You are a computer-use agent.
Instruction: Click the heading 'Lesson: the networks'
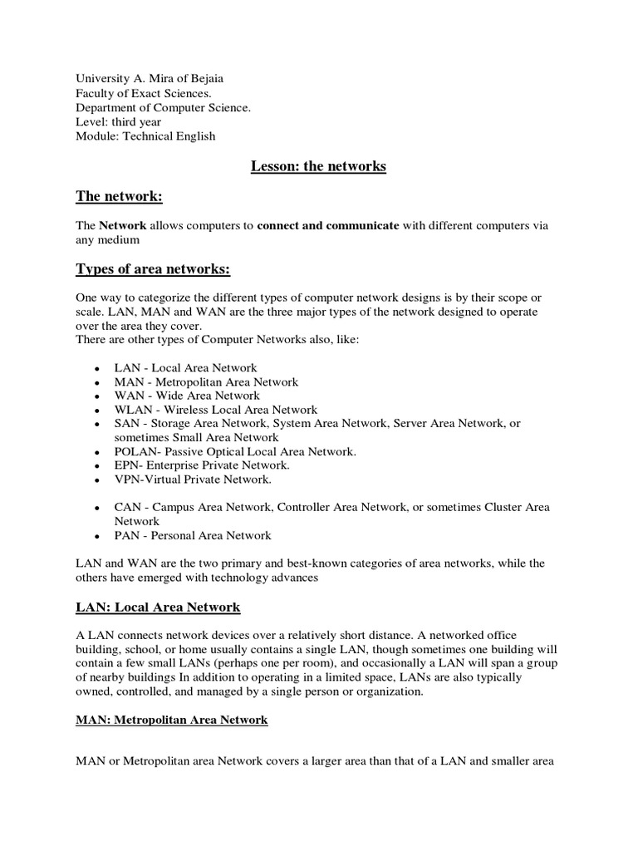pos(318,166)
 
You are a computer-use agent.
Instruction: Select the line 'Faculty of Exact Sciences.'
pos(144,93)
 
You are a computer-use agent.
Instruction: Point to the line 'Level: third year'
pos(120,122)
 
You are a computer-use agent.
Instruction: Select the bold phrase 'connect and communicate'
pos(328,226)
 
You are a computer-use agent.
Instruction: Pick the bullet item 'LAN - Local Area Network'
pos(185,367)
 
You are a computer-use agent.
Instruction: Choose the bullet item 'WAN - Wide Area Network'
pos(187,396)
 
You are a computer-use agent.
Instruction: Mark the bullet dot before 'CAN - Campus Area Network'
pos(97,508)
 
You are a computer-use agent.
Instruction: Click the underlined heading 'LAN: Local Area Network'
pos(158,608)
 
